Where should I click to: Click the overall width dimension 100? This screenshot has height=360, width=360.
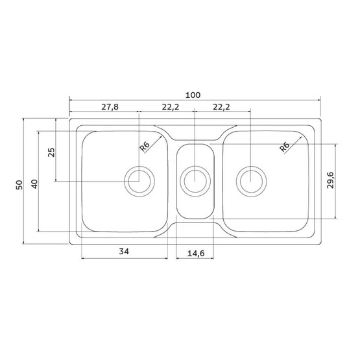[193, 95]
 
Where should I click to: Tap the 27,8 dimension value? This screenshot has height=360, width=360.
[110, 107]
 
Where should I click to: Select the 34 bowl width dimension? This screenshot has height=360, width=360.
[124, 252]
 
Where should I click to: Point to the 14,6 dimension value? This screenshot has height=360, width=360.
[196, 254]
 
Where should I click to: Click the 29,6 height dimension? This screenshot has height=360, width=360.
[331, 180]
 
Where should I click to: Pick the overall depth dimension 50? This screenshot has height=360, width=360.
[19, 185]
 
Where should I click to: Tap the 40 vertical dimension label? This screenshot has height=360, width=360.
[34, 184]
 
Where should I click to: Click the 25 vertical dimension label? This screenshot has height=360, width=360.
[51, 152]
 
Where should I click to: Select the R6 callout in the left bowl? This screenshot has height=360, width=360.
[145, 147]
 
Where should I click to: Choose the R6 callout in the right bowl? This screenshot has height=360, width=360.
[285, 147]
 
